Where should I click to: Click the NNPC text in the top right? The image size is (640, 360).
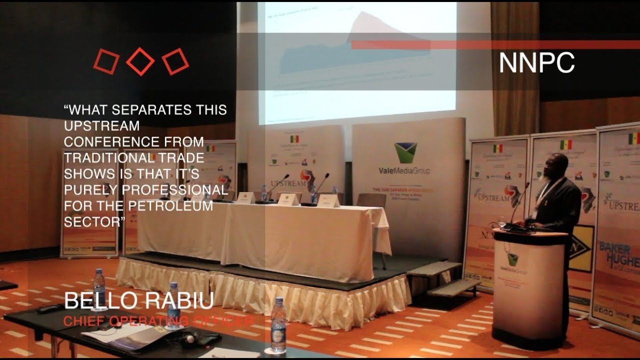[x=536, y=63]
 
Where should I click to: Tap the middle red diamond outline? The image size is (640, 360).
[x=140, y=61]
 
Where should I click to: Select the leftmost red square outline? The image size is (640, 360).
[x=106, y=61]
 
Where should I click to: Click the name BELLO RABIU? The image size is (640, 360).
[x=139, y=300]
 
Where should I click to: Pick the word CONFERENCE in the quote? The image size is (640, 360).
[x=109, y=141]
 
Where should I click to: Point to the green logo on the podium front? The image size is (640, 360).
[x=512, y=259]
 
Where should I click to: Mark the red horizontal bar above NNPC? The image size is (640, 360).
[x=495, y=45]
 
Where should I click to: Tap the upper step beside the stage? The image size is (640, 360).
[x=434, y=268]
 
